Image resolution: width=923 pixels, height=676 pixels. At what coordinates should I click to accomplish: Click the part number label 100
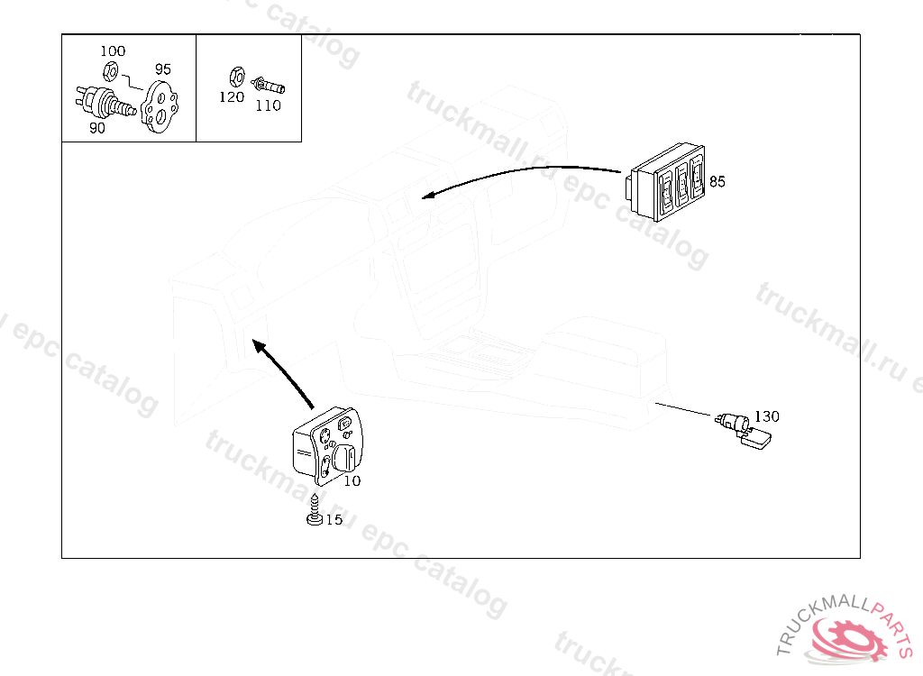113,51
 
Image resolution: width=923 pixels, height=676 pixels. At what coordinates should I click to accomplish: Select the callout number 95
163,69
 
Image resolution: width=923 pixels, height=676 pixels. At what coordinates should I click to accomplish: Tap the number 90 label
97,128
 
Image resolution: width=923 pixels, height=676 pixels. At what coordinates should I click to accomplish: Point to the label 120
232,97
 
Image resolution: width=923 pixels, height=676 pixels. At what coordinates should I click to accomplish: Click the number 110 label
268,106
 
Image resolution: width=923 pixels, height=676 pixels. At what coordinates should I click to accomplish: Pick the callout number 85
717,181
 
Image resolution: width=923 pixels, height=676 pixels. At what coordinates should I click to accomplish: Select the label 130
766,416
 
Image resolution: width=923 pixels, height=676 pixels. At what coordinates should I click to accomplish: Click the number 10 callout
352,481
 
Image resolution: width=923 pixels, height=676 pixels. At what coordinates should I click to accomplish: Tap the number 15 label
334,519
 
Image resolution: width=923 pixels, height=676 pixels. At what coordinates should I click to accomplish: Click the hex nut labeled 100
110,72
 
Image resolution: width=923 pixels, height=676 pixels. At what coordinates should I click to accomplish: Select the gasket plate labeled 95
160,106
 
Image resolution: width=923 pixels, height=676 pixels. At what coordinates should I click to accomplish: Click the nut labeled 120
236,78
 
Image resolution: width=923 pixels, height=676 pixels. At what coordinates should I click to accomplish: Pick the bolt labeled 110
268,86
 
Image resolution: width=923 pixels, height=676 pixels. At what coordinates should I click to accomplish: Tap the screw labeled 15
315,510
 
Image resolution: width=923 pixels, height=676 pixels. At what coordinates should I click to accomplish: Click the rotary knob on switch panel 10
343,458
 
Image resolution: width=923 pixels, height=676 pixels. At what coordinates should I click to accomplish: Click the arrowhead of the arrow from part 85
429,195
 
